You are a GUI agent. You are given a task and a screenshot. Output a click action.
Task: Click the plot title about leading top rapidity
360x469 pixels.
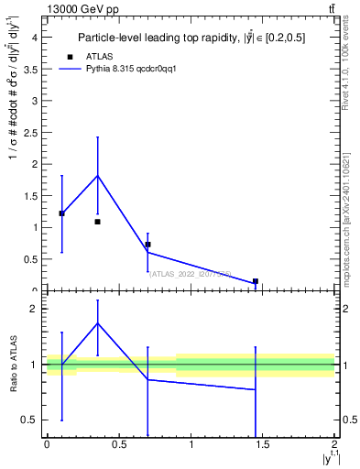(x=191, y=38)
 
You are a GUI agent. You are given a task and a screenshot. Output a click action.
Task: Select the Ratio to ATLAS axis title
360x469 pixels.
(x=14, y=365)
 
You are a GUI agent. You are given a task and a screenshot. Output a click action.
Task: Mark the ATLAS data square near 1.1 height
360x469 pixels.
(x=97, y=222)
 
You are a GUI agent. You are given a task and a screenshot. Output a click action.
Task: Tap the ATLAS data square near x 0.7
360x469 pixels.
(x=147, y=245)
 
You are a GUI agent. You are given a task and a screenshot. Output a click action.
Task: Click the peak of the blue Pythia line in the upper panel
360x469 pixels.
(x=97, y=175)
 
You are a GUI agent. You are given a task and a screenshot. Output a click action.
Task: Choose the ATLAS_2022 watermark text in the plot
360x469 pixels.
(x=190, y=273)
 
